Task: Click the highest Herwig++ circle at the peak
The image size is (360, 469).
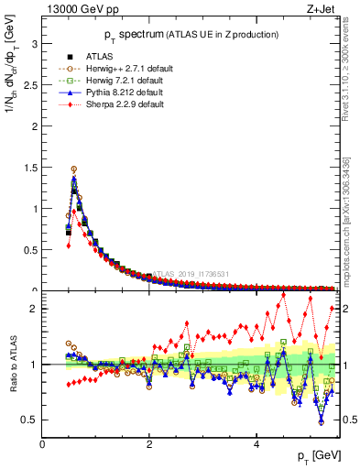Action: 74,169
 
